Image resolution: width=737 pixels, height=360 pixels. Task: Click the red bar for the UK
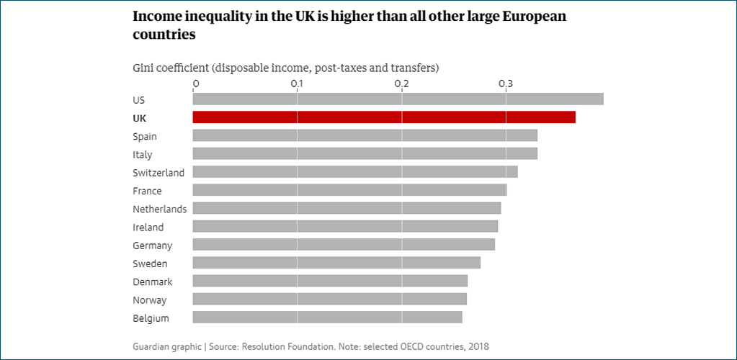384,117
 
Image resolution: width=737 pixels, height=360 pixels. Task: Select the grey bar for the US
398,99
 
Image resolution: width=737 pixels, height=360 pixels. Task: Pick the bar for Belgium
328,318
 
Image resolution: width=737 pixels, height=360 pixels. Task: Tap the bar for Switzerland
355,171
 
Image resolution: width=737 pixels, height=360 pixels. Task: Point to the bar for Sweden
336,263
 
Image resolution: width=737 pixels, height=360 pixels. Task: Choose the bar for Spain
365,135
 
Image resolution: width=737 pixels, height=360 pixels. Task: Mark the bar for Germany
344,244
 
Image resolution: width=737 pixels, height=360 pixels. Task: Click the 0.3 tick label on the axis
506,84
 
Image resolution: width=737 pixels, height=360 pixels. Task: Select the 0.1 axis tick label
297,84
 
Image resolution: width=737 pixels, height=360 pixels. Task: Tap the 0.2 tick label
401,84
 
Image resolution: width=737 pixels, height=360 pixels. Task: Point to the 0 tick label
195,84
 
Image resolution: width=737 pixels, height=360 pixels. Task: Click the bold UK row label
140,118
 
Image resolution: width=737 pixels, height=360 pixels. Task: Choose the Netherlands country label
160,209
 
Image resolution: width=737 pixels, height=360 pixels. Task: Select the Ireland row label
148,227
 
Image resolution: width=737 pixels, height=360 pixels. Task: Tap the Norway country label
149,300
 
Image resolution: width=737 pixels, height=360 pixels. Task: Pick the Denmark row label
153,282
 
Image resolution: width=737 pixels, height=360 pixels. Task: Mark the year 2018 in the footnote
479,347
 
